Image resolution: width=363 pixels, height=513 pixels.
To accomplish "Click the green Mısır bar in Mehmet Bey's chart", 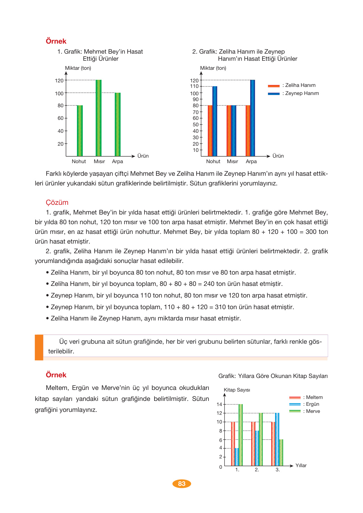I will coord(99,118).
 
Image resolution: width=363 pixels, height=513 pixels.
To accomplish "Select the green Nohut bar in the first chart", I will coord(80,131).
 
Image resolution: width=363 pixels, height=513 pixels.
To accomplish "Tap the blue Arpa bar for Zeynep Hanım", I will coord(252,118).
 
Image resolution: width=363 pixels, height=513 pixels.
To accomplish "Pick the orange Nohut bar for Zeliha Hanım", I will coord(210,131).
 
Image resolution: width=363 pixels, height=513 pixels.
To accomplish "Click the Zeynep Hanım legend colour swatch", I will coord(273,94).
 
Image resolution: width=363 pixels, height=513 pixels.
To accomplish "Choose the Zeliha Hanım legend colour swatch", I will coord(273,86).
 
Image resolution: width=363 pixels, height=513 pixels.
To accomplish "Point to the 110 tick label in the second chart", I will coord(194,86).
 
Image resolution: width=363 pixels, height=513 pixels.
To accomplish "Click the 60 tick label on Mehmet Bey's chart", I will coord(60,118).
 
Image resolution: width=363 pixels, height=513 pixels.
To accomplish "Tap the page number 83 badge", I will coord(182,484).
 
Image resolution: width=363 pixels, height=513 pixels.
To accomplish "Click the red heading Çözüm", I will coord(57,203).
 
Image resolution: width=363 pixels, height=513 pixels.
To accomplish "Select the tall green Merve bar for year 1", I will coord(240,435).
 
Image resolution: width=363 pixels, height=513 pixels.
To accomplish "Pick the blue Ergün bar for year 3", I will coord(277,439).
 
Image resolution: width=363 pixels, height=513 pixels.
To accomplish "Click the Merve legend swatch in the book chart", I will coord(295,411).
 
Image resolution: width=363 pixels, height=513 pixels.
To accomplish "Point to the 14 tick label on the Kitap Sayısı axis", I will coord(219,404).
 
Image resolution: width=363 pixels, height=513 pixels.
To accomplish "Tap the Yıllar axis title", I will coord(301,466).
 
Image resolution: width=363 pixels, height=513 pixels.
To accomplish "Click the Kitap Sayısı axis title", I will coord(237,390).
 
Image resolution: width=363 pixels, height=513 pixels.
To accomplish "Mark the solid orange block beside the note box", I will coord(39,347).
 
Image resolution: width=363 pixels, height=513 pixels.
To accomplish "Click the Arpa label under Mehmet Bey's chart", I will coord(117,162).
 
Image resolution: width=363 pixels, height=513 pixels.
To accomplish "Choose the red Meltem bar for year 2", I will coord(253,444).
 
